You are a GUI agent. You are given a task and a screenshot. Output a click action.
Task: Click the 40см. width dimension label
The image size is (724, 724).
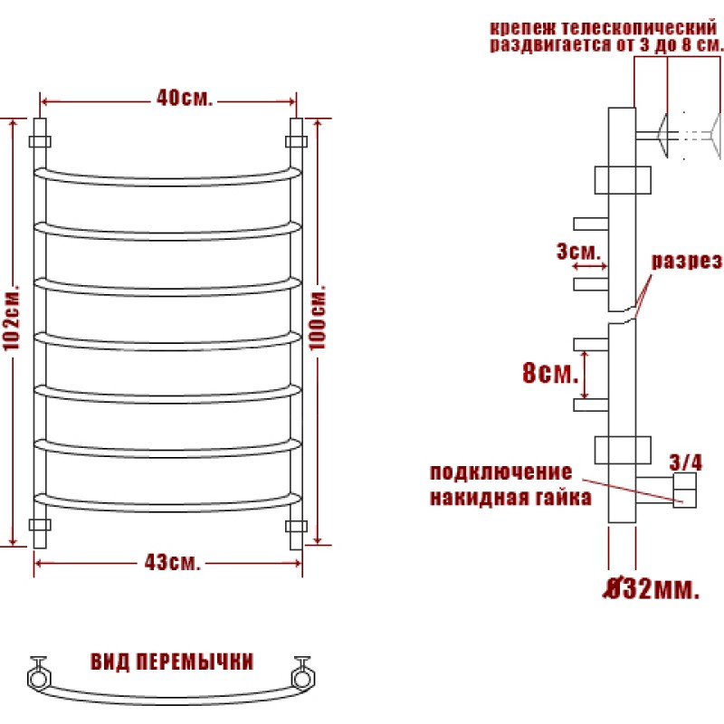click(185, 98)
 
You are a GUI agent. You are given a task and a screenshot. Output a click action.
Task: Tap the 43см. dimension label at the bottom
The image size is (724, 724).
click(172, 562)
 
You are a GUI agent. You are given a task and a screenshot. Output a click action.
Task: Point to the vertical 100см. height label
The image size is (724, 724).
click(318, 318)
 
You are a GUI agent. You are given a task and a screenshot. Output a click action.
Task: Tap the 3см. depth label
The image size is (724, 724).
click(578, 252)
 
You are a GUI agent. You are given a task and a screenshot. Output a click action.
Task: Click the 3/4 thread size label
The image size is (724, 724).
click(686, 462)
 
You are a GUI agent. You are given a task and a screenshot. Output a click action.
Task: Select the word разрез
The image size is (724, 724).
click(686, 262)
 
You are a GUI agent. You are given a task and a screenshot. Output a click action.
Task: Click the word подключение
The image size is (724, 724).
click(501, 472)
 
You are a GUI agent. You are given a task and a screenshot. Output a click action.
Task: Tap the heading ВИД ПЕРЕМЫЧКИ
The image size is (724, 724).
click(172, 662)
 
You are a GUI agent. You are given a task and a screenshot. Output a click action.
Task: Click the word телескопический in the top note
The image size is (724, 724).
click(639, 28)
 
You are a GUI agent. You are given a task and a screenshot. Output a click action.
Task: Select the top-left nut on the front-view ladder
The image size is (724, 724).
click(40, 141)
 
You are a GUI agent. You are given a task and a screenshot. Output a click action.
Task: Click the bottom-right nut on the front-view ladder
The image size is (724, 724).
click(296, 526)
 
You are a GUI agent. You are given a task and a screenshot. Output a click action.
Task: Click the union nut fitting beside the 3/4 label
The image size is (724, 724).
click(684, 490)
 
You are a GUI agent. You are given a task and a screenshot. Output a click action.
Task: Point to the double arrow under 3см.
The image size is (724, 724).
click(590, 266)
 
